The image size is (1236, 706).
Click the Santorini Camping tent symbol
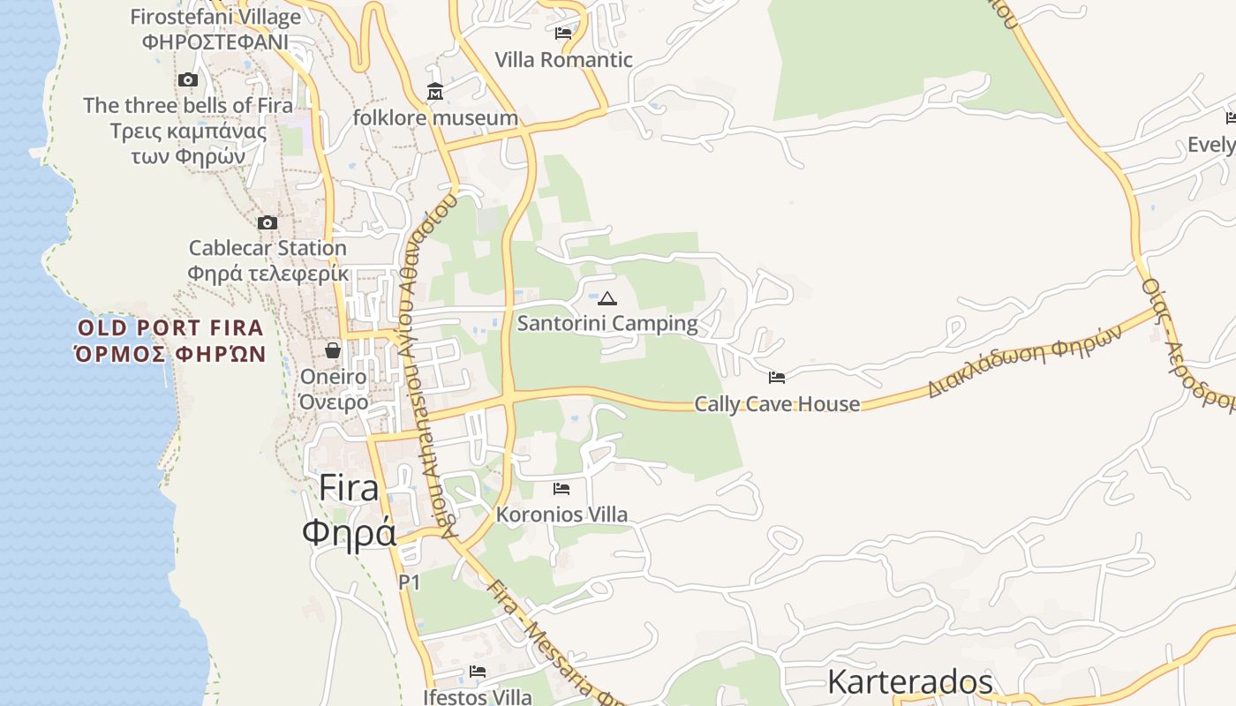[607, 298]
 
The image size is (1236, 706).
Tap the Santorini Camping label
[607, 324]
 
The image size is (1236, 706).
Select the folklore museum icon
[435, 92]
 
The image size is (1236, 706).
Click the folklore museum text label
[435, 118]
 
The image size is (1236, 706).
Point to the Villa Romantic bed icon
[563, 34]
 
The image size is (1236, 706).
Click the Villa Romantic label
[563, 60]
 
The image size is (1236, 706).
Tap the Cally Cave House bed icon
[777, 378]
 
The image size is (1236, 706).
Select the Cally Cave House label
[777, 404]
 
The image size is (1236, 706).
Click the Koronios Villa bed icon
[561, 488]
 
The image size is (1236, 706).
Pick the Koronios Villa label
[562, 514]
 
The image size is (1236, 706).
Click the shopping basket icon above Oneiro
[333, 350]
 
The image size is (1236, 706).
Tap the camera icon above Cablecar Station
[268, 222]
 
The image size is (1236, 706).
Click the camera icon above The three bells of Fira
[187, 80]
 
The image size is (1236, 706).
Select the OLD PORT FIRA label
[170, 328]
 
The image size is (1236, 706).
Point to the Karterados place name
[909, 682]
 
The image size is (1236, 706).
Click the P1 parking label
[409, 582]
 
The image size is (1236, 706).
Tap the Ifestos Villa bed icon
[478, 672]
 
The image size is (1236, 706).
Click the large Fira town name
[349, 488]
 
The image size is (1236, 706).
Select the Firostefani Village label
[215, 17]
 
